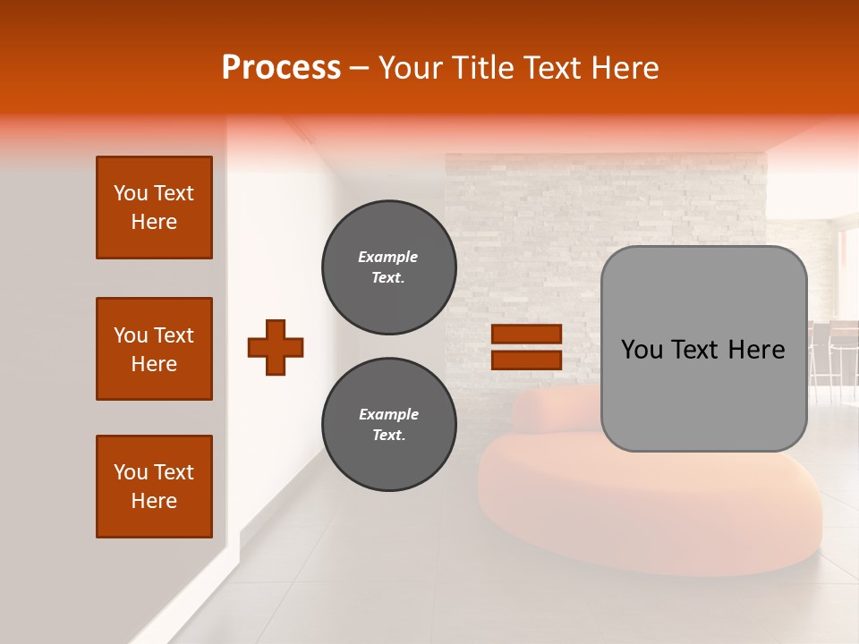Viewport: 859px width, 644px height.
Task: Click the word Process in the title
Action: tap(281, 68)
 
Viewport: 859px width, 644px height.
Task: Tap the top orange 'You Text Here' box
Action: tap(154, 208)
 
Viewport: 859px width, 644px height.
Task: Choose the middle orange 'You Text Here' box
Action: tap(154, 349)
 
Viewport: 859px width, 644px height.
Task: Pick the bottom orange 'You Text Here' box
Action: tap(154, 487)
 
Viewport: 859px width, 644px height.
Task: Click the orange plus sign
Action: tap(276, 347)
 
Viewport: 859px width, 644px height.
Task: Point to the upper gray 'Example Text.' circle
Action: tap(388, 267)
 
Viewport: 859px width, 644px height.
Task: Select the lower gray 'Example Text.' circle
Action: tap(388, 425)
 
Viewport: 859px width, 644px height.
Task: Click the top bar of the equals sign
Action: tap(526, 335)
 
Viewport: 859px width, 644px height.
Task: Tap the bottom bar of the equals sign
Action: tap(526, 360)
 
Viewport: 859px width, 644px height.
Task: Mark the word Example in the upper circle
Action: tap(387, 257)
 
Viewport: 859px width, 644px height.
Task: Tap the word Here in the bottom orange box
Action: tap(154, 501)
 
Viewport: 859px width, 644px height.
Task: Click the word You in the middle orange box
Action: tap(130, 335)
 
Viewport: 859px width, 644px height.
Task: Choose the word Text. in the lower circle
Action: tap(388, 436)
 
